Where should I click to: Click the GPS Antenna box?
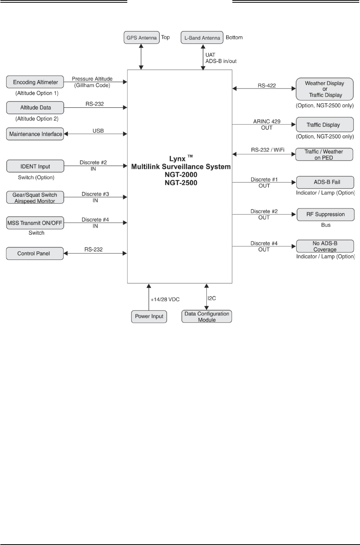[x=142, y=38]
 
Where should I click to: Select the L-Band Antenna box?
[x=202, y=38]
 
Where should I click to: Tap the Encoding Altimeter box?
[x=35, y=82]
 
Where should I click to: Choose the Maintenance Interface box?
[x=35, y=134]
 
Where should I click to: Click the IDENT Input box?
[x=35, y=166]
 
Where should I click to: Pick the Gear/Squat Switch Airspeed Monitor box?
[x=35, y=197]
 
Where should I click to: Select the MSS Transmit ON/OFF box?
[x=35, y=223]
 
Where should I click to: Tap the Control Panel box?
[x=35, y=253]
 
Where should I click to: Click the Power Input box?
[x=149, y=317]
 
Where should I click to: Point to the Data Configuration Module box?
[x=207, y=317]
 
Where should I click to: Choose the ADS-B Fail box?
[x=325, y=182]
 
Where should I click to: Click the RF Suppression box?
[x=325, y=215]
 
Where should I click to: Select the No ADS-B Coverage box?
[x=325, y=246]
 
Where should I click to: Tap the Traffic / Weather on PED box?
[x=324, y=154]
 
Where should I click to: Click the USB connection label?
[x=98, y=131]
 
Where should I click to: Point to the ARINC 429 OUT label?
[x=267, y=124]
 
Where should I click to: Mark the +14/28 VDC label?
[x=165, y=299]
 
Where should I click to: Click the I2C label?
[x=212, y=298]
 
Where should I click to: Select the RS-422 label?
[x=267, y=85]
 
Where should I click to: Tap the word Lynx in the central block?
[x=177, y=159]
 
